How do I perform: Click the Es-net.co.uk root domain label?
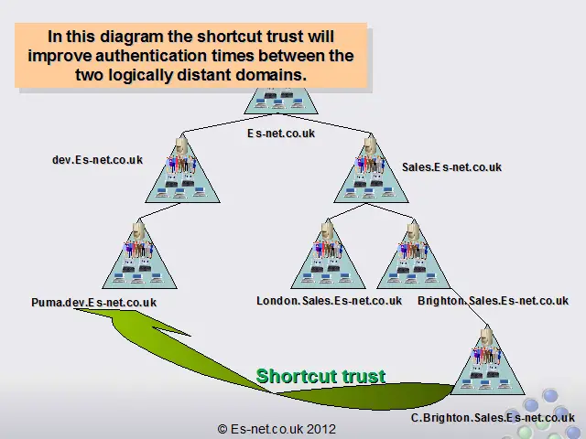tap(281, 134)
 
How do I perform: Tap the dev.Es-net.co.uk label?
tap(97, 160)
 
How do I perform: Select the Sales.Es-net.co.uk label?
tap(451, 166)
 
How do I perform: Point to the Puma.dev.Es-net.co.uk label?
tap(93, 302)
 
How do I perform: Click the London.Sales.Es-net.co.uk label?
tap(329, 301)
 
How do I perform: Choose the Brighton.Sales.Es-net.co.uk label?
tap(493, 301)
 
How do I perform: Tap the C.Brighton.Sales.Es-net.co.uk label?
tap(493, 417)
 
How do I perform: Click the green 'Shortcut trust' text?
tap(320, 376)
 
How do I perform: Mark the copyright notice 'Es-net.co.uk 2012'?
tap(277, 429)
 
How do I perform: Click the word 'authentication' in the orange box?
tap(152, 56)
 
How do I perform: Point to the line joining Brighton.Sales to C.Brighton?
tap(468, 306)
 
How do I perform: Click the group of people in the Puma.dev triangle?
tap(138, 250)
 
